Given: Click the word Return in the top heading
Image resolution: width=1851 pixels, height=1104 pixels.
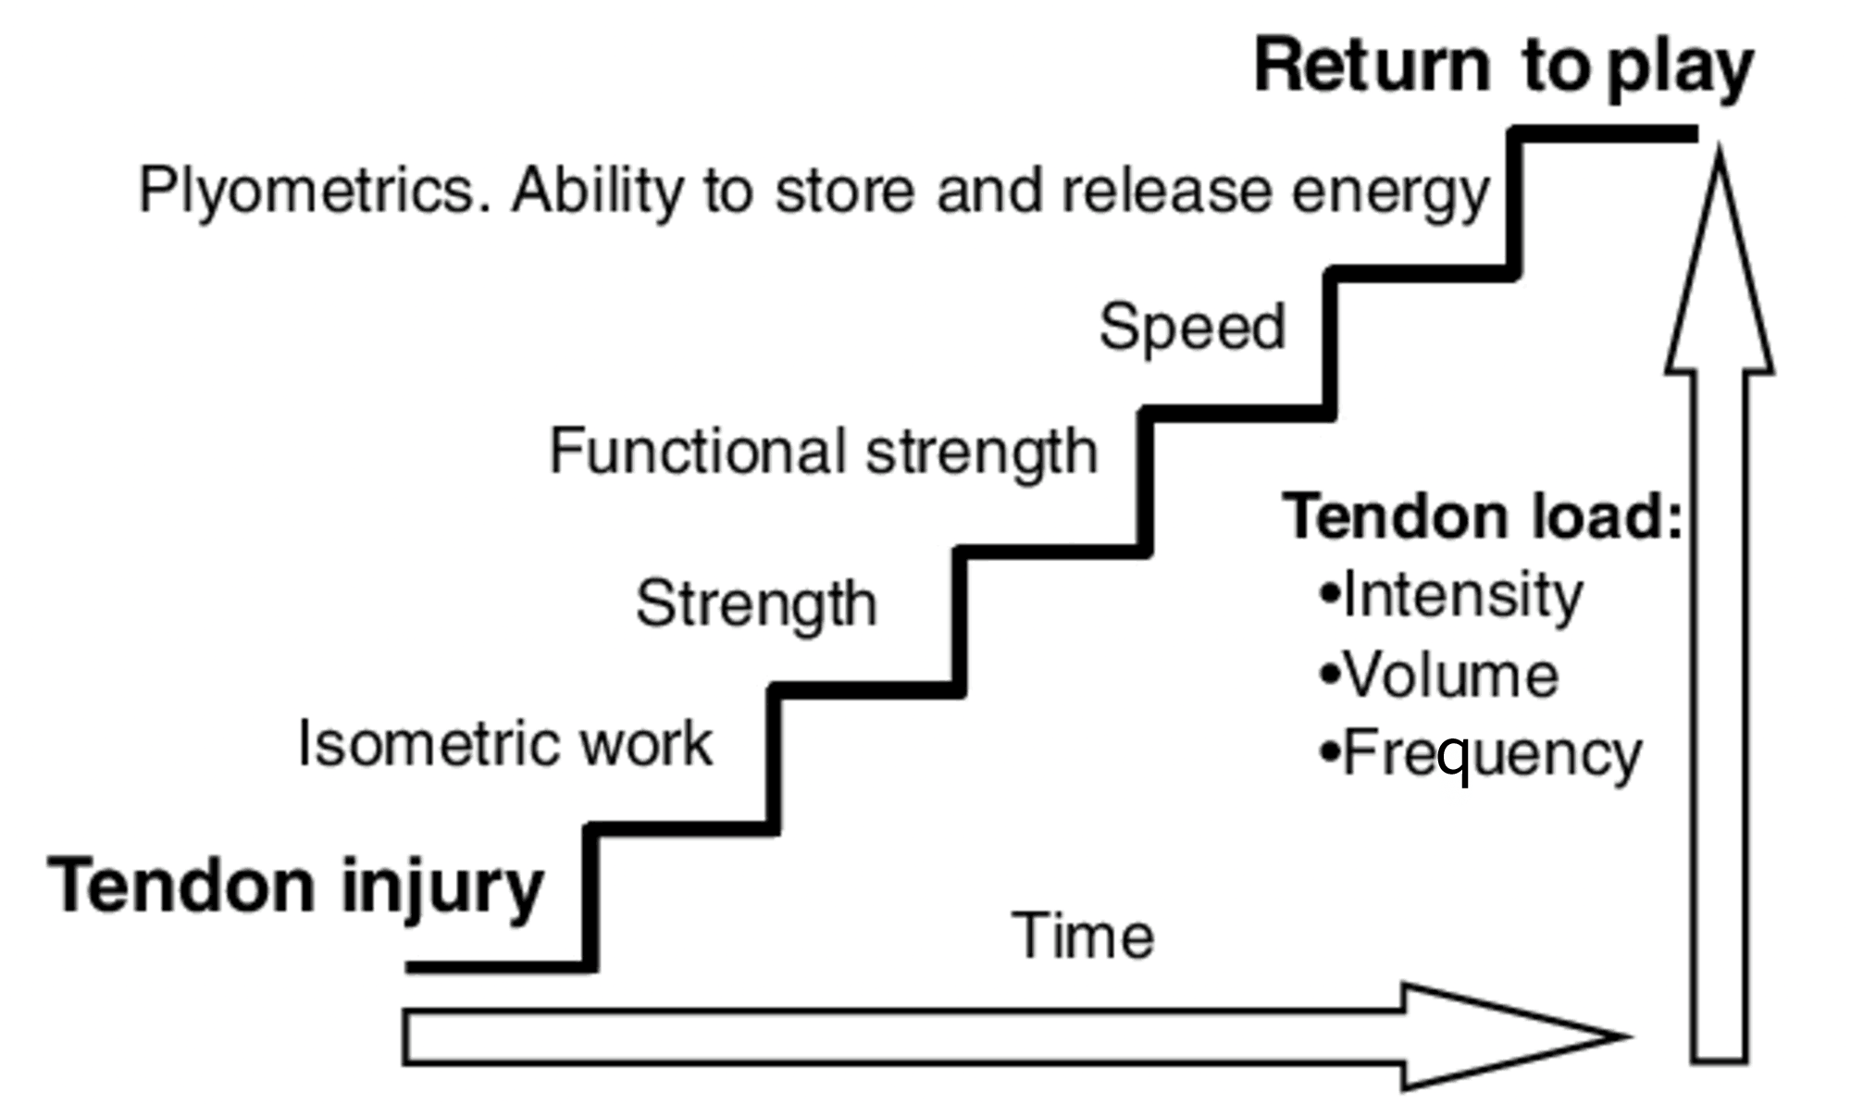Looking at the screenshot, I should [1371, 67].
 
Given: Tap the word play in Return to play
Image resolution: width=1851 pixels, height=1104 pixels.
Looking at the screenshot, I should [1679, 70].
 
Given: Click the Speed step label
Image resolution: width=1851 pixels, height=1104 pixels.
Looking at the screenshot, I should [1192, 327].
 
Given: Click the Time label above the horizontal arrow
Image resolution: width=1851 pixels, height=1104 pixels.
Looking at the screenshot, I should [1082, 936].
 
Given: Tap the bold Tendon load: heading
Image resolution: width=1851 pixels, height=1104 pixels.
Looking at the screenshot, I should [1481, 516].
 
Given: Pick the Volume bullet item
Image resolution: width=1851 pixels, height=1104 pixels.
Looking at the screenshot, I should [1449, 675].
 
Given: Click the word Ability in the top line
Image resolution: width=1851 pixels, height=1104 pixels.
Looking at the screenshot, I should [597, 192].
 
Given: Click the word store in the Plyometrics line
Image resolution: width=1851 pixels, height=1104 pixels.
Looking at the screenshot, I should [844, 192].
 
